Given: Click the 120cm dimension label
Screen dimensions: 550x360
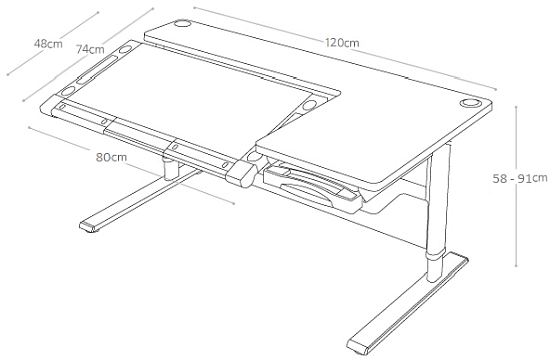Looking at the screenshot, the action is tap(342, 43).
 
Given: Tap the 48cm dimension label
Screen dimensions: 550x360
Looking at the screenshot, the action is tap(48, 44).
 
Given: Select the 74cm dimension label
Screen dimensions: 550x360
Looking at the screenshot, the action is tap(90, 49).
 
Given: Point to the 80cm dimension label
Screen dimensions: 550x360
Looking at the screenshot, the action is tap(112, 157).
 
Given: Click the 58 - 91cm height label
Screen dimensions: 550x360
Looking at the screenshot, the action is tap(519, 178).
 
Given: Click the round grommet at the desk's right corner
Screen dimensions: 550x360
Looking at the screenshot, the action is tap(469, 103).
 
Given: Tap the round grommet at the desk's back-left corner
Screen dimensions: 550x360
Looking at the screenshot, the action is tap(182, 24).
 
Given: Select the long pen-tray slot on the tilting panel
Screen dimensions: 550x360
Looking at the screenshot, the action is tap(97, 70).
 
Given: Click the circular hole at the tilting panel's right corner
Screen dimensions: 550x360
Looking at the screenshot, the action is tap(309, 105).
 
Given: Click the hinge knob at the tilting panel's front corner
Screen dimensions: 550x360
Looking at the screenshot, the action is tap(241, 174).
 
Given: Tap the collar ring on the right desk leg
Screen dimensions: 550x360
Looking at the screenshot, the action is tap(435, 254).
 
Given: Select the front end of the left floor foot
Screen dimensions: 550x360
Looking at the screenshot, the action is tap(89, 227).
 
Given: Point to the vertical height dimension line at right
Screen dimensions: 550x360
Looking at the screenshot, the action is tap(516, 186).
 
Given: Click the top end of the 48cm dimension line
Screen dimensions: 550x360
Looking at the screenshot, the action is tap(98, 13).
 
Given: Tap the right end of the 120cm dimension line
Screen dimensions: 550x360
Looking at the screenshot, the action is tap(496, 89).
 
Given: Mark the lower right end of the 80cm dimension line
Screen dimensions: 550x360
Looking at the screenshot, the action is tap(234, 203).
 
